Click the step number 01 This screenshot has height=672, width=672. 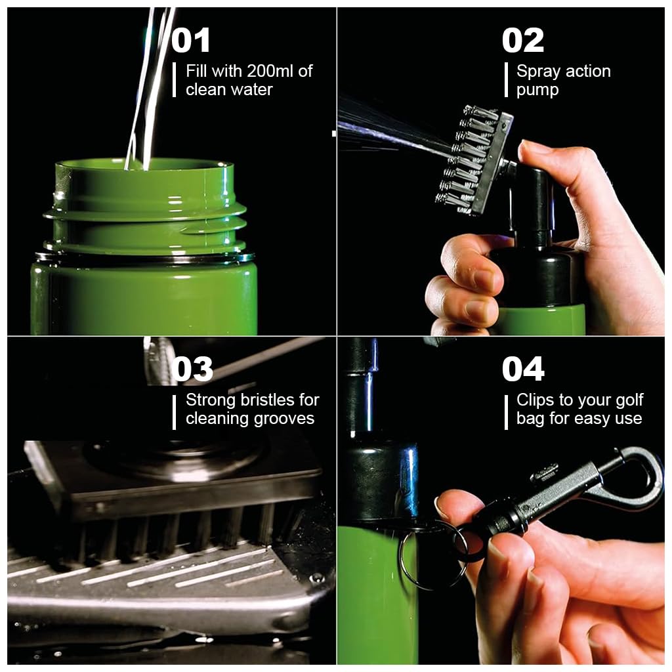click(191, 40)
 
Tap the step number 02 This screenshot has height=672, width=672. click(522, 40)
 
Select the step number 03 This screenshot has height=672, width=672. click(192, 369)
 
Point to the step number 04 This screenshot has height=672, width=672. click(522, 369)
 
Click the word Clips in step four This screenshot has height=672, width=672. click(535, 400)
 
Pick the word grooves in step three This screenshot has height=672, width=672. click(286, 419)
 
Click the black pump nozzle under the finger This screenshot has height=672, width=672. click(535, 197)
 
